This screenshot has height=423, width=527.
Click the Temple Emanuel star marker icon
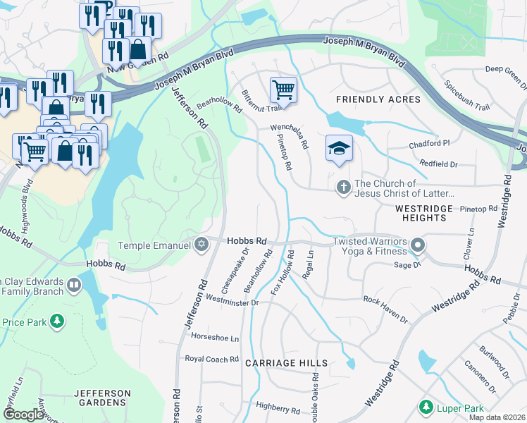(202, 245)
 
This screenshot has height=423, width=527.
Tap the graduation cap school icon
(339, 148)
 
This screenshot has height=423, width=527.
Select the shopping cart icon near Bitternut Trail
(283, 90)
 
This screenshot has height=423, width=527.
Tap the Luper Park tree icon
(426, 407)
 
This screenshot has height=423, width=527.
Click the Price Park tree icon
(57, 322)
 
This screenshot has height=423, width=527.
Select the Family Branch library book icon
(74, 286)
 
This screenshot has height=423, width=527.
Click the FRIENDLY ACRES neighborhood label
(378, 99)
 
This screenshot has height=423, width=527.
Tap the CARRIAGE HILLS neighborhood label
(286, 363)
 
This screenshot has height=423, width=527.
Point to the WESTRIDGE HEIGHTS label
(420, 214)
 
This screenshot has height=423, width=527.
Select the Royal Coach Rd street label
(211, 359)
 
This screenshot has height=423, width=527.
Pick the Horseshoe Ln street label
(215, 338)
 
